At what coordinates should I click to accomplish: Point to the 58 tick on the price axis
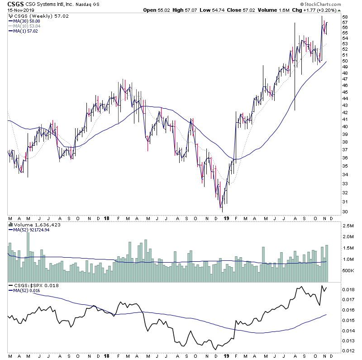click(x=345, y=17)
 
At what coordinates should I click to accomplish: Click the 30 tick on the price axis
click(x=345, y=211)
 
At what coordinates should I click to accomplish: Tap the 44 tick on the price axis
click(x=345, y=98)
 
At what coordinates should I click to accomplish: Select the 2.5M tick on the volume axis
click(x=347, y=225)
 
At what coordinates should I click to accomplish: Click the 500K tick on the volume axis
click(x=347, y=271)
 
